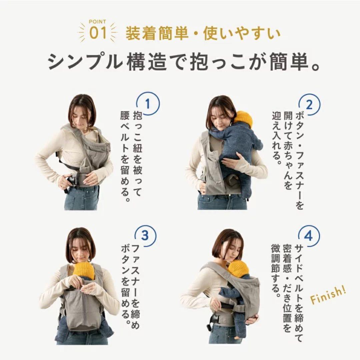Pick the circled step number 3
tap(146, 236)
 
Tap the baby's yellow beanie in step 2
tap(243, 119)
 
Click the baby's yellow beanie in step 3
tap(84, 270)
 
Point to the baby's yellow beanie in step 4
tap(239, 268)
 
